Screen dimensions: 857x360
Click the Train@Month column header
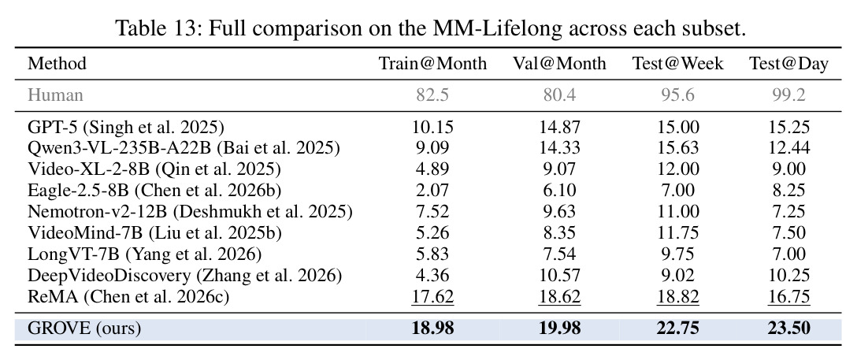[433, 64]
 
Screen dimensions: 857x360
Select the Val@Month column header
[559, 64]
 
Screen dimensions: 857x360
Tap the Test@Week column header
[678, 64]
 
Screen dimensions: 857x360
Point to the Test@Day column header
[788, 65]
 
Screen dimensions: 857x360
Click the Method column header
[58, 64]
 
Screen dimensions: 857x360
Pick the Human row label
[56, 95]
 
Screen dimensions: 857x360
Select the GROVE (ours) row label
[84, 328]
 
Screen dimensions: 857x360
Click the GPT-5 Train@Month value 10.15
[433, 128]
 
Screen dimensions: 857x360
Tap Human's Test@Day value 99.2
[788, 95]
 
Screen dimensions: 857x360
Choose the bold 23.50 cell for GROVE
[788, 328]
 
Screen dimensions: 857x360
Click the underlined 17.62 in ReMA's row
[433, 297]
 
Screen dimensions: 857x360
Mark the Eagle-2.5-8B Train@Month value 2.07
[433, 190]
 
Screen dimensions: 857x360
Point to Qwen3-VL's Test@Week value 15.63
[678, 148]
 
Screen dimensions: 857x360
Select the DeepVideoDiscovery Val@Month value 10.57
[559, 276]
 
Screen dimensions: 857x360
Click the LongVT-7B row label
[145, 254]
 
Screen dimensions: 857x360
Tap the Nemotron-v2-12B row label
[190, 211]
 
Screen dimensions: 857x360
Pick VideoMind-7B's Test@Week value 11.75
[678, 232]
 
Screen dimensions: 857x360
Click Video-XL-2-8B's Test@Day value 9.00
[788, 169]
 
